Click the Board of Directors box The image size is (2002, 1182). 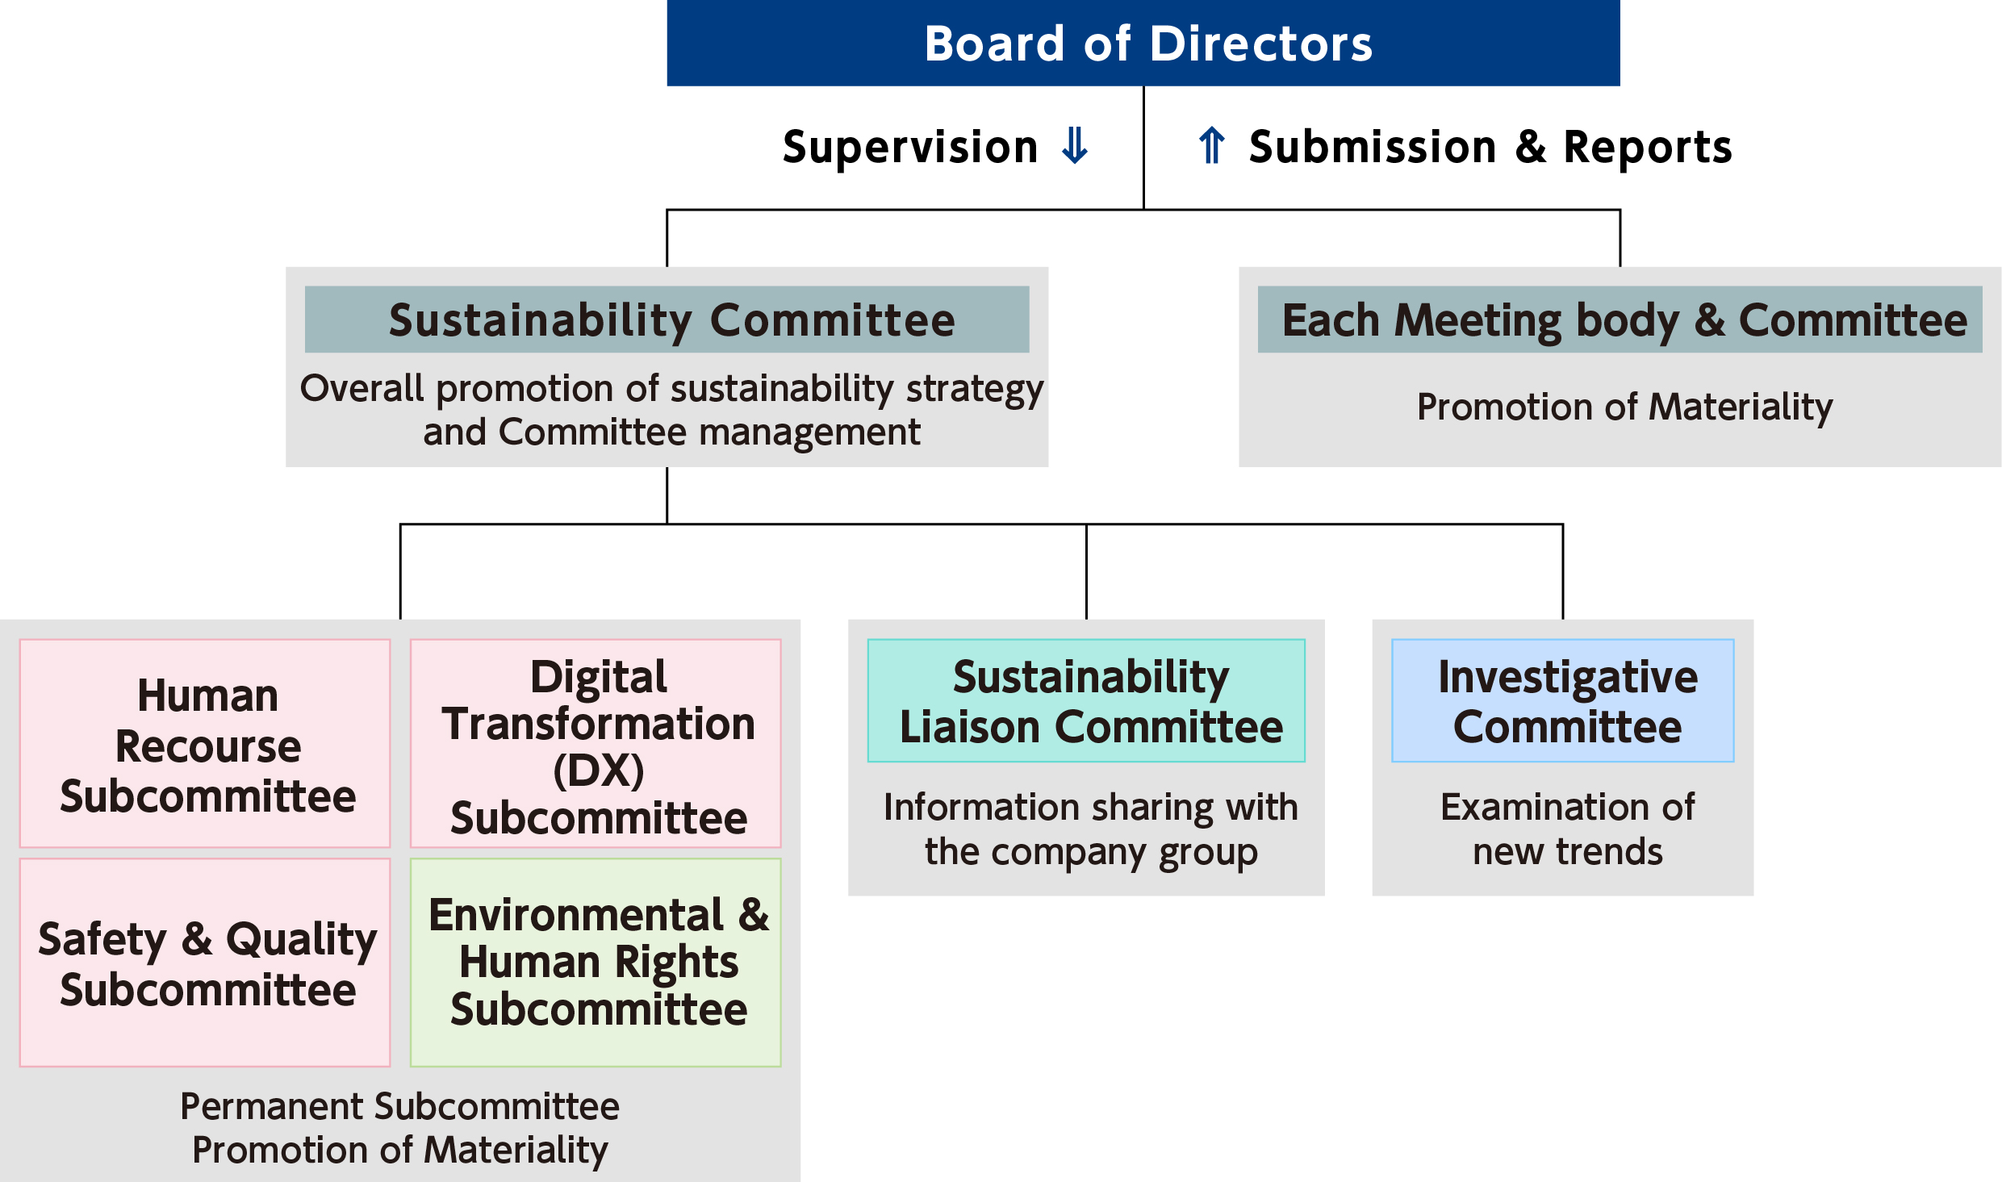[1143, 43]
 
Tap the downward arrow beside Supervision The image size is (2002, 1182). [1075, 146]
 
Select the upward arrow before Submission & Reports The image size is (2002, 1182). [1212, 146]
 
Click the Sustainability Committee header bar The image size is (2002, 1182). [667, 320]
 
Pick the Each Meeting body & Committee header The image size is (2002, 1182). [1620, 320]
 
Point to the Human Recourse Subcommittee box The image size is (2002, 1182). [205, 743]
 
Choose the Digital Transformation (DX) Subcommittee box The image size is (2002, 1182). [596, 743]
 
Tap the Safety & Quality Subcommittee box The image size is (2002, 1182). [205, 963]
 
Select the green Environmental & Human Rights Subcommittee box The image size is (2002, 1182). [596, 963]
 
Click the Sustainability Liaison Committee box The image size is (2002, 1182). [1086, 700]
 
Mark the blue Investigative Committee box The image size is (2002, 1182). [1563, 700]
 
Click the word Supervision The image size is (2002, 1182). [910, 148]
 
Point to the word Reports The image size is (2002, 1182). [1648, 148]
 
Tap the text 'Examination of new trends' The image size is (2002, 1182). [1568, 829]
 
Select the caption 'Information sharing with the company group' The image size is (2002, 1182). [1091, 829]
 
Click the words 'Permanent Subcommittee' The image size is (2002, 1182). [399, 1106]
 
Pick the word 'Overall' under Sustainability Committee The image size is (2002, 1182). [362, 388]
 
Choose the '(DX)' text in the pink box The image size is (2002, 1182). [599, 771]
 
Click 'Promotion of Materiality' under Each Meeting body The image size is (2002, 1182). [1625, 407]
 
